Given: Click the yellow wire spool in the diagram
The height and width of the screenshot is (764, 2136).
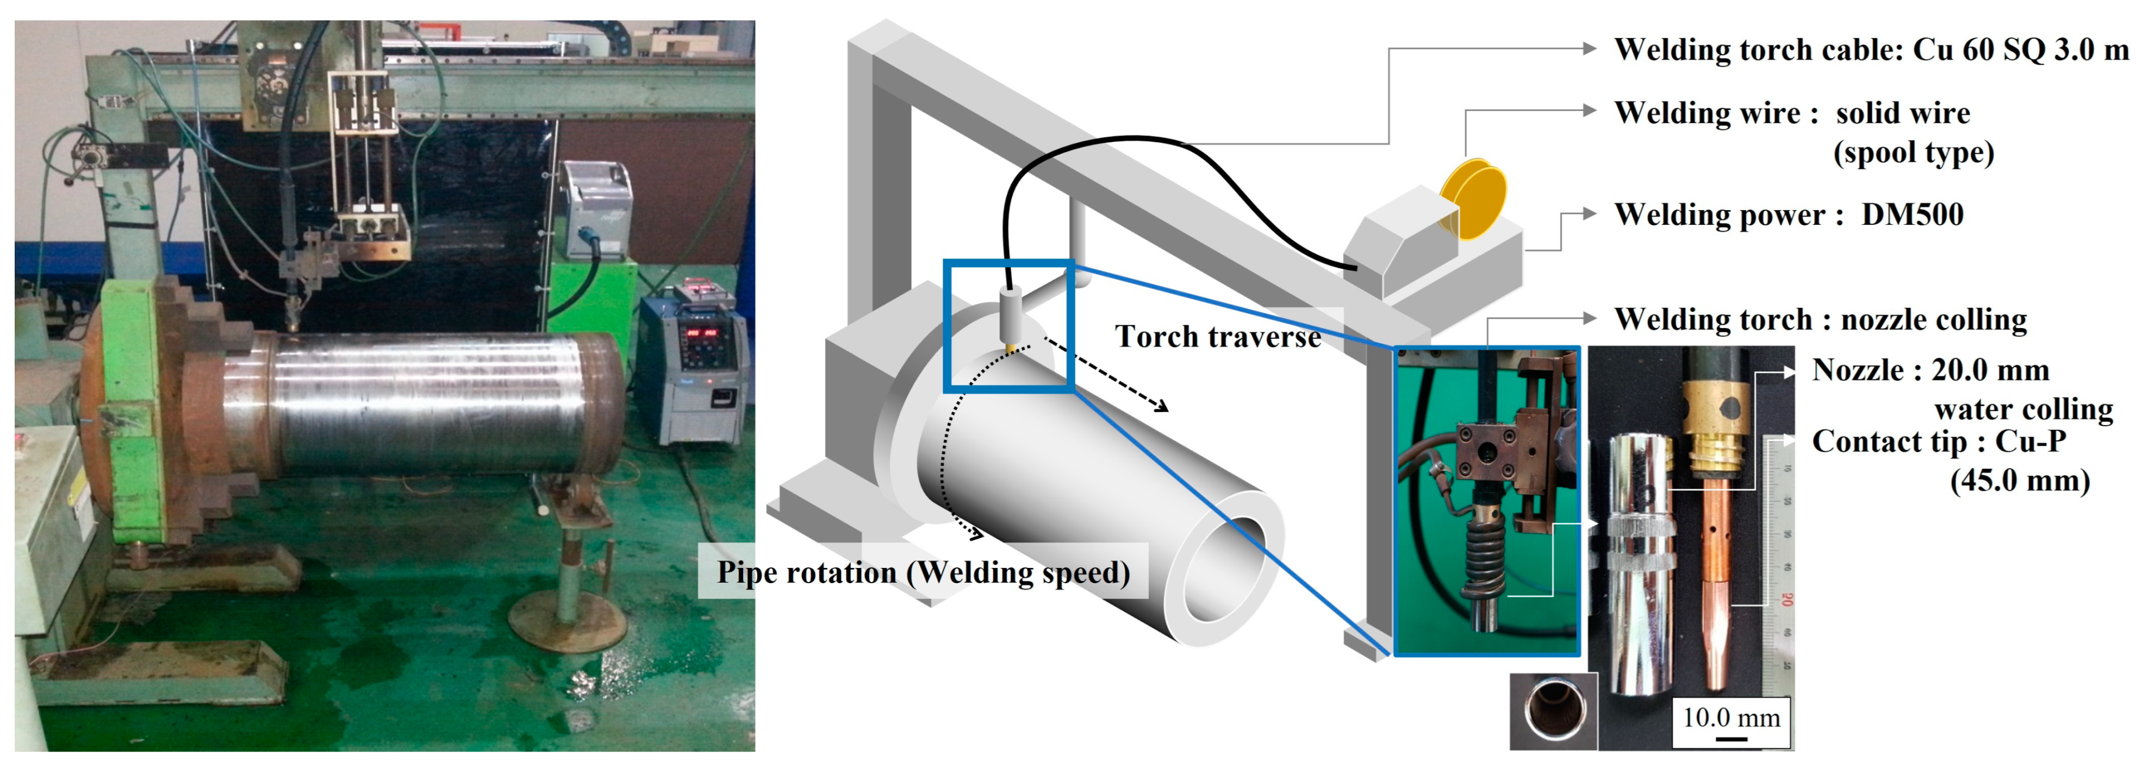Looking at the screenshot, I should tap(1474, 199).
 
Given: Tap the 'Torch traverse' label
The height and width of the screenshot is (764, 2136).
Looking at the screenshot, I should tap(1217, 337).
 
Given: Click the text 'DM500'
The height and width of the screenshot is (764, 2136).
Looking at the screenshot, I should tap(1912, 214).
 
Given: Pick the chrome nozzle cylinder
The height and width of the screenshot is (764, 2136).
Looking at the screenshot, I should tap(1641, 564).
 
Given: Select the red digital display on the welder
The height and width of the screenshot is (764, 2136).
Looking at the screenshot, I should tap(701, 333).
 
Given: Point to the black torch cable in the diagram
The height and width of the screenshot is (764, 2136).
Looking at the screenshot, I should tap(1161, 153).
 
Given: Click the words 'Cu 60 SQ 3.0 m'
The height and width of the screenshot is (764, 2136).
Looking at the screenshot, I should tap(2020, 50).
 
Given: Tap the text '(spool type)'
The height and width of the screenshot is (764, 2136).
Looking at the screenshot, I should tap(1913, 153).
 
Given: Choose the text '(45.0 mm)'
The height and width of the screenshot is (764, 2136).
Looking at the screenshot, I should tap(2019, 480).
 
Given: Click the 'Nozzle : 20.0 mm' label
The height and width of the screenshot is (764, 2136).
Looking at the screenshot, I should tap(1929, 370).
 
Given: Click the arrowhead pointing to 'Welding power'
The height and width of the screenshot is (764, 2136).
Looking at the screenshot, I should tap(1588, 214).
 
